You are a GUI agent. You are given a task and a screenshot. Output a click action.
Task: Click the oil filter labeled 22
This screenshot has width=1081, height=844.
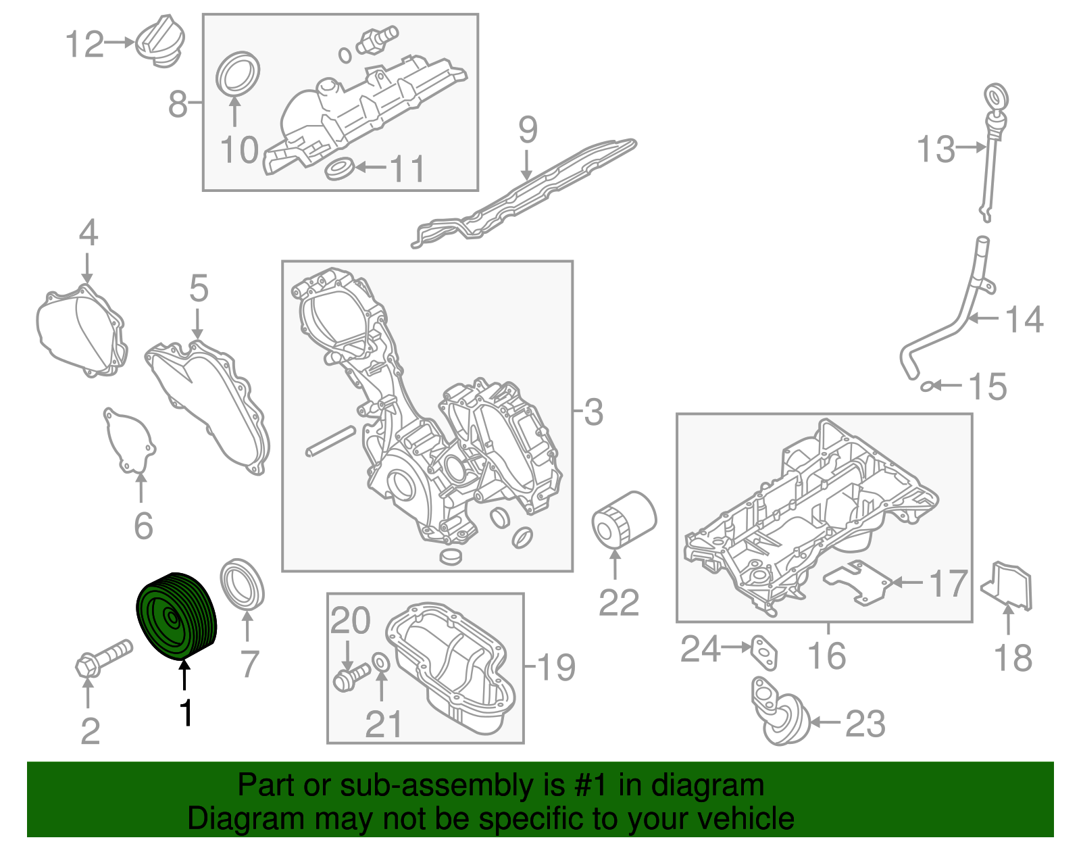pos(623,519)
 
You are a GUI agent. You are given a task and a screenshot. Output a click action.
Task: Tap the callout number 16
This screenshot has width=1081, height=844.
pos(827,656)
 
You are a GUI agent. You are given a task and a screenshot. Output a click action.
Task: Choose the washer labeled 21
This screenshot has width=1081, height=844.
pos(381,662)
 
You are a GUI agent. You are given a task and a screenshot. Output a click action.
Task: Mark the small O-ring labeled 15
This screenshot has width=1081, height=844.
pos(928,387)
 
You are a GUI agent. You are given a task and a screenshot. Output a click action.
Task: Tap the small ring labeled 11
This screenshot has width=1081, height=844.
pos(339,168)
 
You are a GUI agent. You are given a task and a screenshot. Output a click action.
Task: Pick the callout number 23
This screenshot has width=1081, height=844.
pos(865,724)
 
